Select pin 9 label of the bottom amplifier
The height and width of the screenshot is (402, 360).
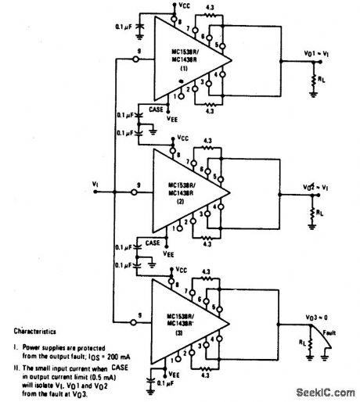[x=139, y=313]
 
